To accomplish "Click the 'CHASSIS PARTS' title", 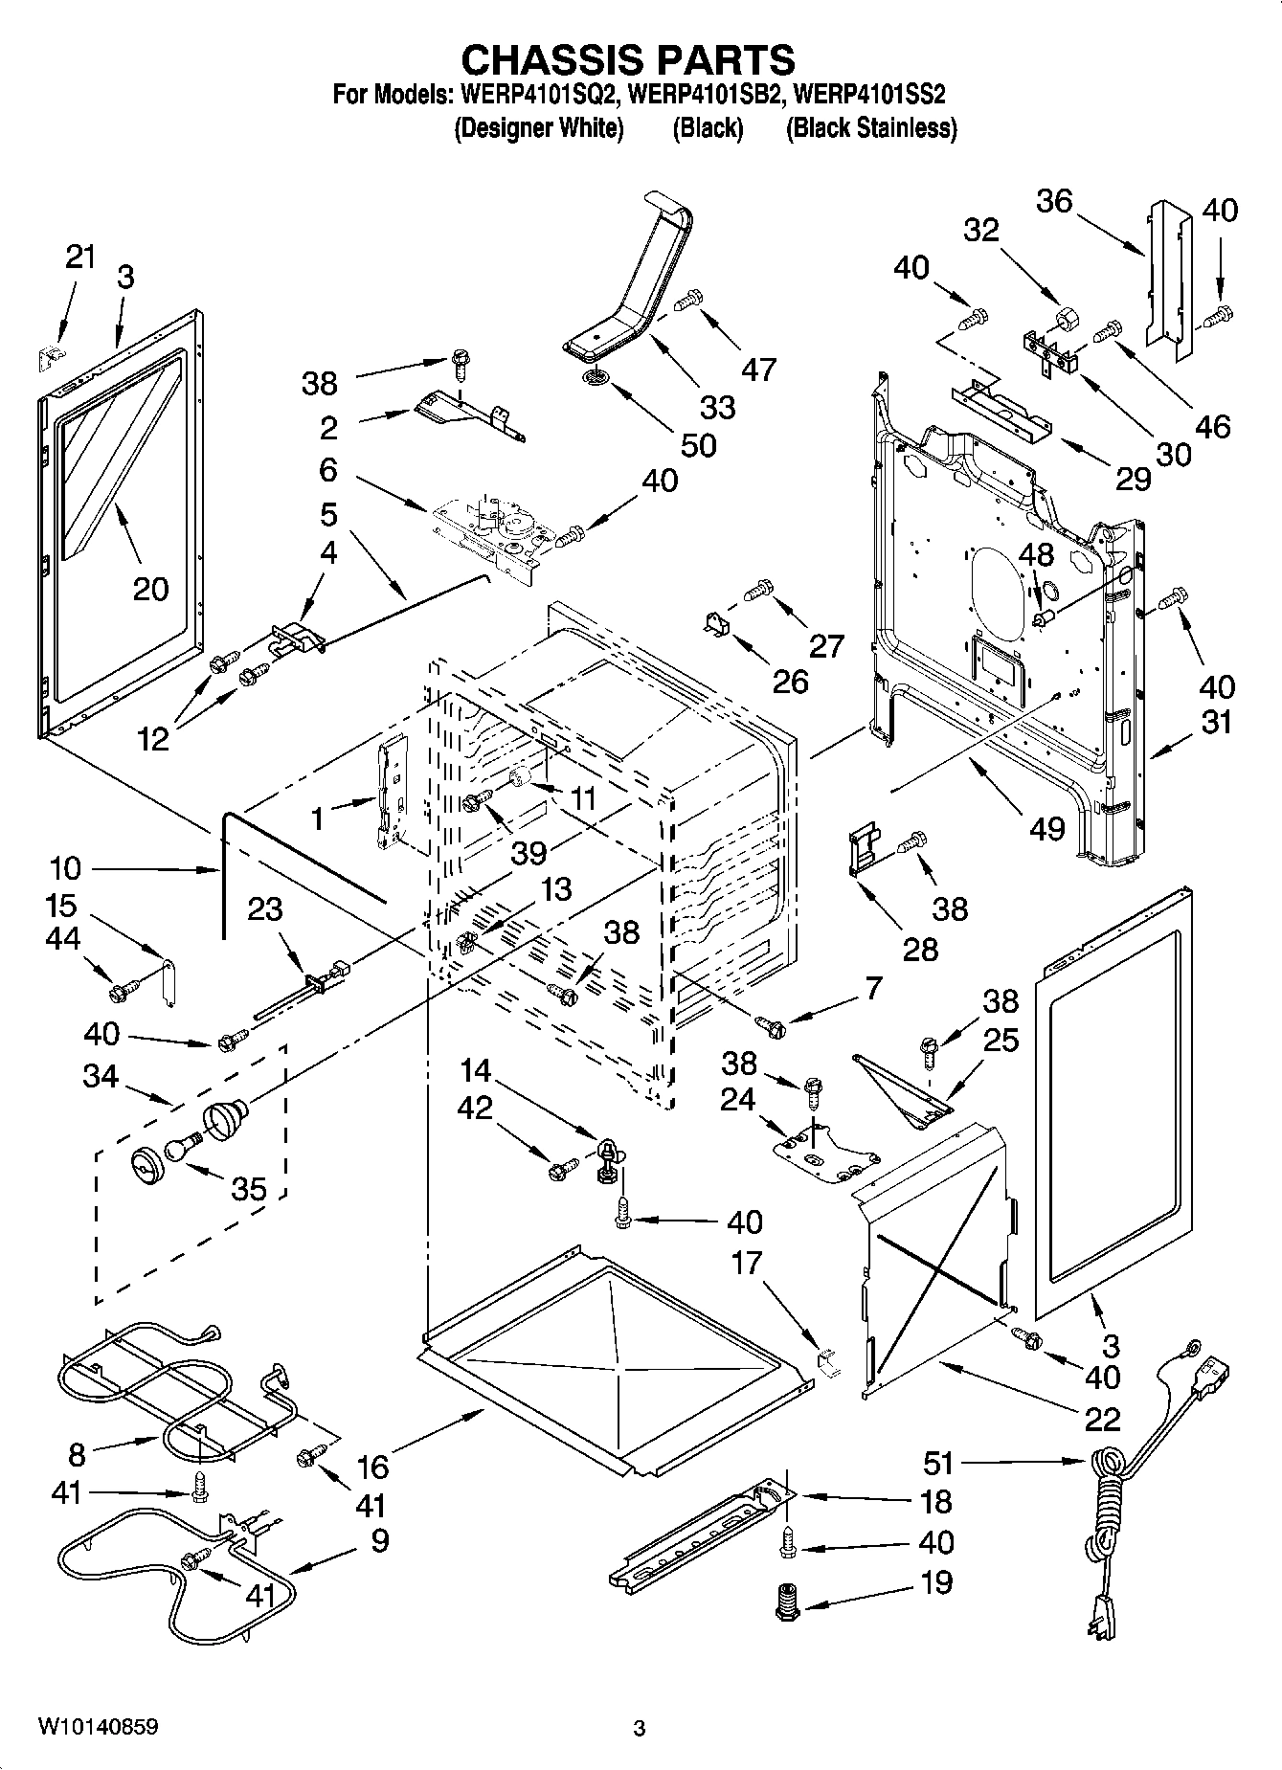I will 628,59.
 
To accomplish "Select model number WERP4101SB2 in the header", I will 708,95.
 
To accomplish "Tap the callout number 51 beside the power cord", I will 939,1462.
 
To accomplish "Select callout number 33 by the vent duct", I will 717,407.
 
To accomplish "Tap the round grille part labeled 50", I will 596,379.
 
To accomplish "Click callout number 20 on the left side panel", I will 149,589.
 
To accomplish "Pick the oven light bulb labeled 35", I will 180,1149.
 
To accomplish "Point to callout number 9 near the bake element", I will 379,1540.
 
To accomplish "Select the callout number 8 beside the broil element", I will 77,1455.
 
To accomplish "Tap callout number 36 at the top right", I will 1054,201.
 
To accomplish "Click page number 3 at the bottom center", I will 640,1729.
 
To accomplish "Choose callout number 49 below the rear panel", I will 1046,826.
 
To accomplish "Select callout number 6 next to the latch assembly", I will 328,470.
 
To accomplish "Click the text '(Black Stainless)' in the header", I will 870,127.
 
